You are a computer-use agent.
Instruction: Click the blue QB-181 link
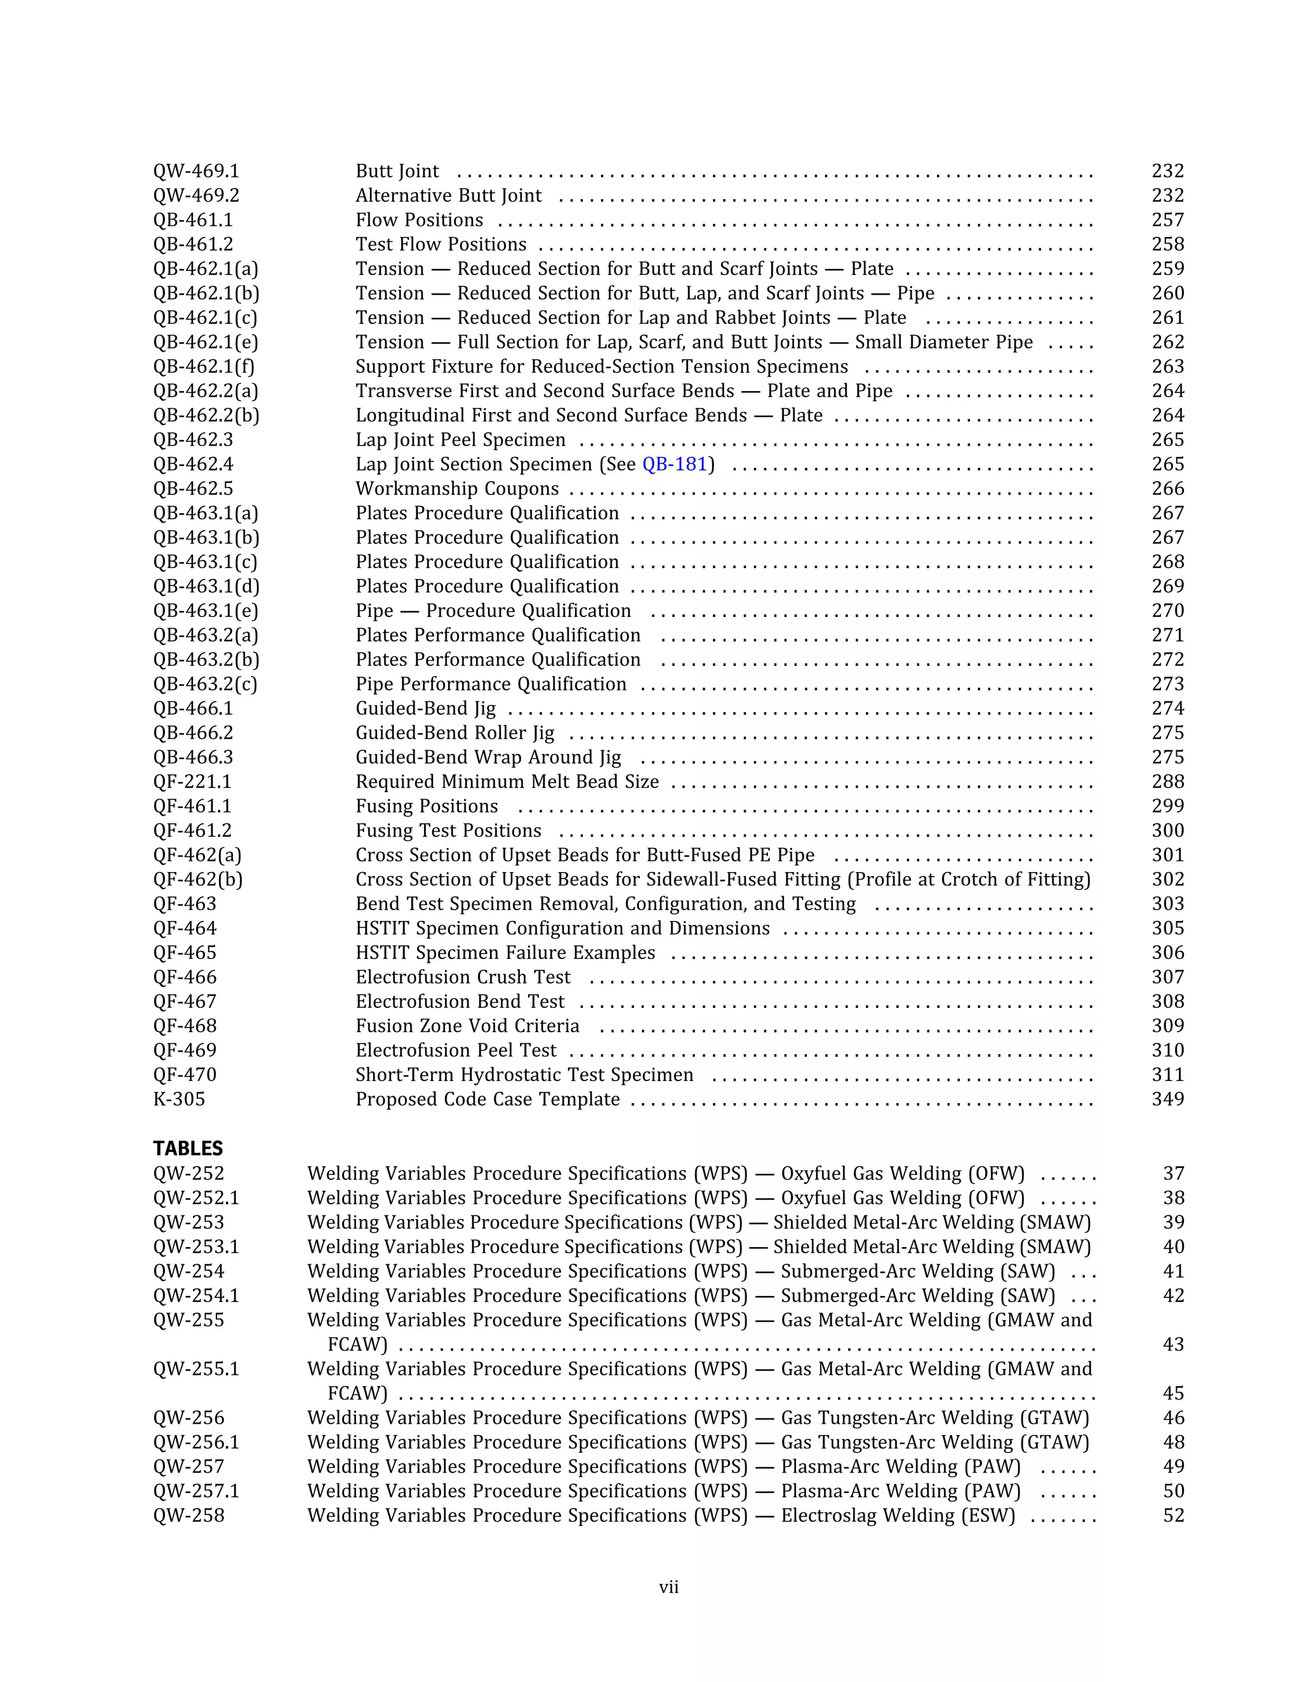pyautogui.click(x=674, y=465)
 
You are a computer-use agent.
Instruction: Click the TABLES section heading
pyautogui.click(x=187, y=1148)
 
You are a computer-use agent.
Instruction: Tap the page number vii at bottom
pyautogui.click(x=668, y=1587)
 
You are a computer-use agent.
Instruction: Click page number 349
pyautogui.click(x=1167, y=1099)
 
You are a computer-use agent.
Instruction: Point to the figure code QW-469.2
pyautogui.click(x=196, y=195)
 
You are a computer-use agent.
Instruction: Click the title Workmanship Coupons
pyautogui.click(x=456, y=489)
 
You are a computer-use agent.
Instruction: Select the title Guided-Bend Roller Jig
pyautogui.click(x=454, y=733)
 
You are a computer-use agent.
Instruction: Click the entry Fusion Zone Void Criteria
pyautogui.click(x=467, y=1026)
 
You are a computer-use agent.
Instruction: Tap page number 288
pyautogui.click(x=1167, y=782)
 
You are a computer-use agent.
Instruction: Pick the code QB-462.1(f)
pyautogui.click(x=203, y=367)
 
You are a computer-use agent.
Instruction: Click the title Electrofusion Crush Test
pyautogui.click(x=463, y=977)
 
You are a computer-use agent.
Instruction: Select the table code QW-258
pyautogui.click(x=189, y=1516)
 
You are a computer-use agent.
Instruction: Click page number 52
pyautogui.click(x=1173, y=1516)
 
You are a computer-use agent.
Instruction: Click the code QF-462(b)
pyautogui.click(x=197, y=880)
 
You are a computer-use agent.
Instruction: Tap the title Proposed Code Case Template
pyautogui.click(x=487, y=1099)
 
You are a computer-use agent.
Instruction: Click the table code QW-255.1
pyautogui.click(x=196, y=1368)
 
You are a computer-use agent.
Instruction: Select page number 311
pyautogui.click(x=1167, y=1075)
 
